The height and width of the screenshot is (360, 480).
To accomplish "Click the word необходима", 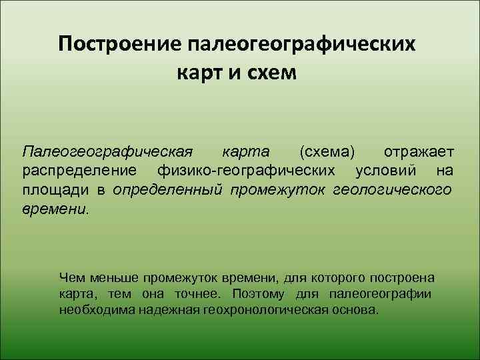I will [x=95, y=310].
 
